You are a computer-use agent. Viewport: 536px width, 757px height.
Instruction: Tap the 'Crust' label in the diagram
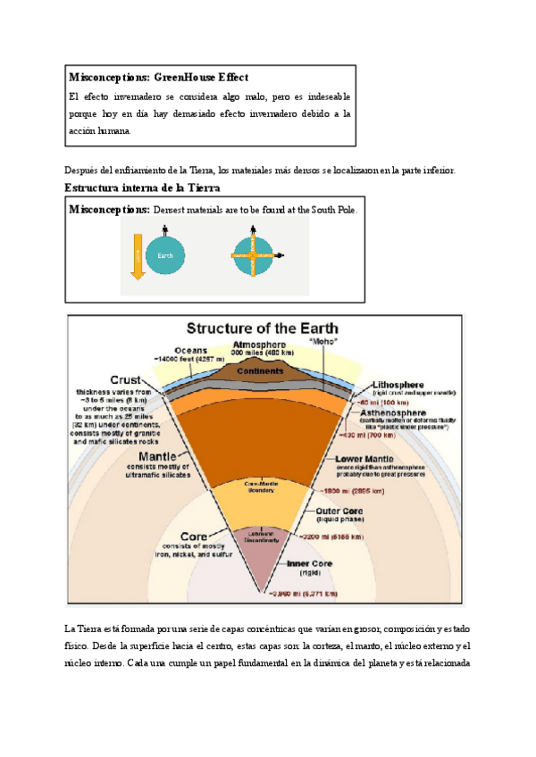coord(126,378)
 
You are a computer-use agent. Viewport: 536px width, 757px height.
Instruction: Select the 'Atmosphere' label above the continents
coord(259,345)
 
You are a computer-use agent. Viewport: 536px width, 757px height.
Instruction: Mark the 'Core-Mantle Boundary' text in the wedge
coord(263,487)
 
